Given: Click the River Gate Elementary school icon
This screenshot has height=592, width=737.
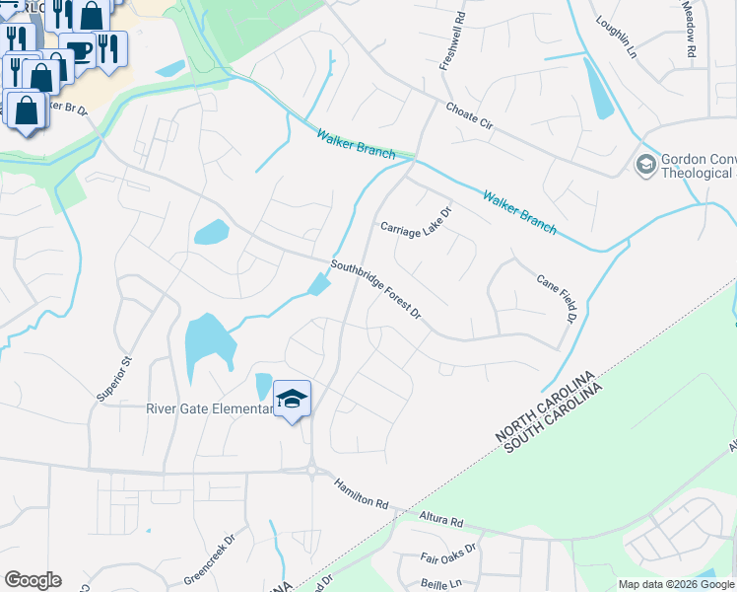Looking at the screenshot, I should pos(292,399).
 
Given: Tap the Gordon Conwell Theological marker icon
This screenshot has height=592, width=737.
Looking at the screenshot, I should pos(646,164).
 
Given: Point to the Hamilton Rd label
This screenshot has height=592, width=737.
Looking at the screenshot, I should pos(362,493).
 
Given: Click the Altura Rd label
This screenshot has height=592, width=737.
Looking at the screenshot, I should pos(439,517).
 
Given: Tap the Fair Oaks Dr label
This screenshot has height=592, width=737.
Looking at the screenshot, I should pos(448,553).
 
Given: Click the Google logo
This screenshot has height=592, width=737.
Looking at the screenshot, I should pos(33,580).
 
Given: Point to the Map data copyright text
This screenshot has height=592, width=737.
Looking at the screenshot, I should pos(676,584).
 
